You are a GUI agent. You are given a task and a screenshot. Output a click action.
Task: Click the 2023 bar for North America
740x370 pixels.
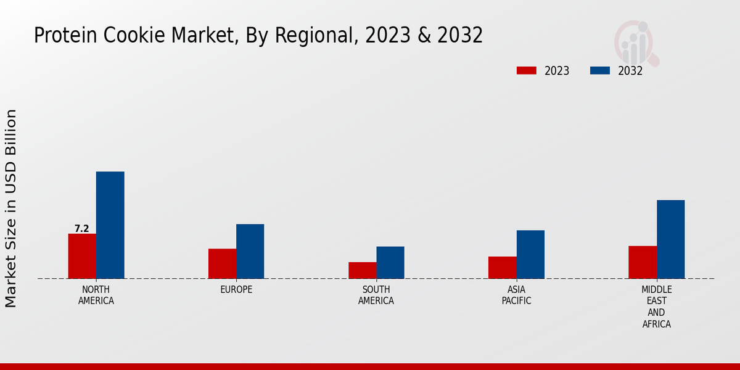[x=82, y=256]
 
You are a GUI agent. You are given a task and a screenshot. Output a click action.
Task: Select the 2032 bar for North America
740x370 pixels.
[x=110, y=225]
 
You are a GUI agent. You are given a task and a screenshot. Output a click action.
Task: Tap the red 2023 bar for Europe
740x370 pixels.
[x=222, y=263]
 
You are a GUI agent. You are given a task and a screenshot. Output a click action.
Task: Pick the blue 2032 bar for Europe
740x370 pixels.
[x=250, y=251]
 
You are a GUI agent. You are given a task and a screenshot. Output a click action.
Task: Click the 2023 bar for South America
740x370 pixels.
[x=362, y=270]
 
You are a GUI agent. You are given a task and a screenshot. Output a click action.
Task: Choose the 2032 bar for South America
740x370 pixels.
[x=390, y=262]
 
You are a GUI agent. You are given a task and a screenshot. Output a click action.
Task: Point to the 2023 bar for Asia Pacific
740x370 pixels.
[x=502, y=267]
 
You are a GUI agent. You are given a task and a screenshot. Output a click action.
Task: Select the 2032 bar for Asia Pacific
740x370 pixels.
[x=530, y=254]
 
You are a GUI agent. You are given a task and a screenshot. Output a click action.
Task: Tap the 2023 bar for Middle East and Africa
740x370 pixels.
[x=643, y=262]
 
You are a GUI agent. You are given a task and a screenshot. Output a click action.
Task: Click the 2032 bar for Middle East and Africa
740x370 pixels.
[x=670, y=239]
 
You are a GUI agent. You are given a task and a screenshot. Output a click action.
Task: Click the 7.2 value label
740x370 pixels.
[x=81, y=229]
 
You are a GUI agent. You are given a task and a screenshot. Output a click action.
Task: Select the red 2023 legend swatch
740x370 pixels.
[x=526, y=70]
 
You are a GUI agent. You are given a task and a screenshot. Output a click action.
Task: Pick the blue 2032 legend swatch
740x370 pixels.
[x=599, y=70]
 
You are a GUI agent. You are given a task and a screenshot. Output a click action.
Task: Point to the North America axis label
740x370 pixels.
[x=96, y=295]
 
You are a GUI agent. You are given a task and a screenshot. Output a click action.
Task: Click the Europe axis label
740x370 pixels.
[x=236, y=289]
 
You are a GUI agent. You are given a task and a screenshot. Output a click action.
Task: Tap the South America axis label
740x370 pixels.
[x=376, y=295]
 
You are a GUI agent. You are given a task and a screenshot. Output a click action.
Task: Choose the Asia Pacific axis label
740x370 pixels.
[x=516, y=295]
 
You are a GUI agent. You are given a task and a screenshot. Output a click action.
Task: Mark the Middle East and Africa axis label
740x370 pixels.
[x=656, y=306]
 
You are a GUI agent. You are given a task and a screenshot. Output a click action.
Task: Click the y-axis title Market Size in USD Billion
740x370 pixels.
[x=11, y=208]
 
